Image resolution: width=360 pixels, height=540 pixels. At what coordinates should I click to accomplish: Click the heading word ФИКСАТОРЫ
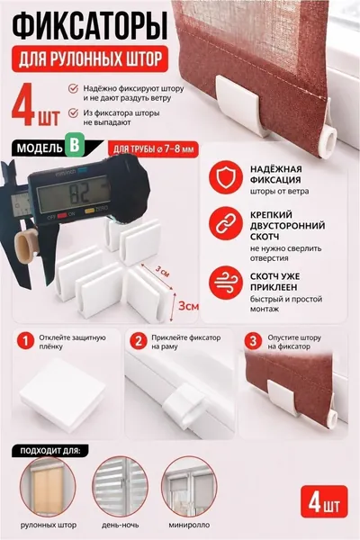(90, 25)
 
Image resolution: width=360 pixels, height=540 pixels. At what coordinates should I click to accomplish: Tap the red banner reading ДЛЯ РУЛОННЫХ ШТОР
(90, 58)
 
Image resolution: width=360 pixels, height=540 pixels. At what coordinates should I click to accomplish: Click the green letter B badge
(74, 146)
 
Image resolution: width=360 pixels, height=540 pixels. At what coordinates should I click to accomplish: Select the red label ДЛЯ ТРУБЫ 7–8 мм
(153, 149)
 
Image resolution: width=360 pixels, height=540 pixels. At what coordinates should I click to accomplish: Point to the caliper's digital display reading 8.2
(74, 195)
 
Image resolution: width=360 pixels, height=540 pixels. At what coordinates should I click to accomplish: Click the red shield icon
(226, 177)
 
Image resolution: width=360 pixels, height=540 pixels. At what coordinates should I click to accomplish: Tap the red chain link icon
(226, 223)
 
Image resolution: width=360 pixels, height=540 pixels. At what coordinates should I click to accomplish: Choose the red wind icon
(226, 282)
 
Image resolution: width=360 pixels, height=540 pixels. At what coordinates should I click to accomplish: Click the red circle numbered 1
(25, 341)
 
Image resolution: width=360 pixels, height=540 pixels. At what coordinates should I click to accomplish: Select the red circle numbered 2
(139, 341)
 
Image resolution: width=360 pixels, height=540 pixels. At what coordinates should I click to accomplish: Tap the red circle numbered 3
(253, 341)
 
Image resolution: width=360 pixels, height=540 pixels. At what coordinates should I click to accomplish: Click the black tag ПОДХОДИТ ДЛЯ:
(50, 451)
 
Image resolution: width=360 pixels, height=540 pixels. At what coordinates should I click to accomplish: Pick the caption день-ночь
(121, 526)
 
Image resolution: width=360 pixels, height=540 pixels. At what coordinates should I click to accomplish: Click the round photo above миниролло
(189, 486)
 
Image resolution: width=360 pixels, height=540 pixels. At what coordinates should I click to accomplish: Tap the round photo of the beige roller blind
(48, 486)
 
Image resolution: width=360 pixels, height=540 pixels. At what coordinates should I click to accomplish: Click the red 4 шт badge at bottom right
(324, 502)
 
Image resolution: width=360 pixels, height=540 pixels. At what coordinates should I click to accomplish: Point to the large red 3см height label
(188, 306)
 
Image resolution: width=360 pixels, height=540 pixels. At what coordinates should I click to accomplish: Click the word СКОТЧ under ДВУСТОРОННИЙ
(265, 237)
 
